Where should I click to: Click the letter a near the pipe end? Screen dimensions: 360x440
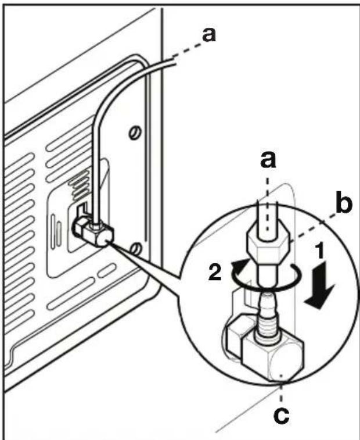209,35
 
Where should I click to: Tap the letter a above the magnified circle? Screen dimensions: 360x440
268,160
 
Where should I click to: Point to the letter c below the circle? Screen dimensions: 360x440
282,416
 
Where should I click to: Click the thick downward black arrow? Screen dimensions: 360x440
319,285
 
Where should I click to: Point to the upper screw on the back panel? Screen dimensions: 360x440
135,132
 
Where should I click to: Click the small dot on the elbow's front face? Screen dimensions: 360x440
281,375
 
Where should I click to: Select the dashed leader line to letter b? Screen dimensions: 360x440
314,228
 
